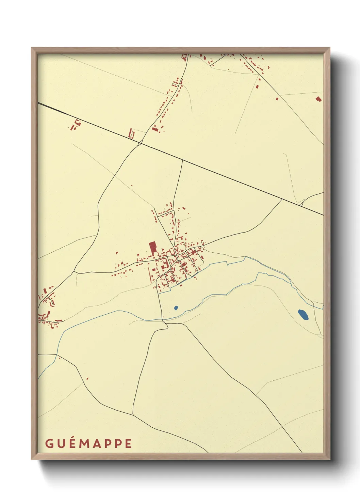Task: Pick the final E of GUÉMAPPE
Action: click(128, 444)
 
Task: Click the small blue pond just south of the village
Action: click(176, 308)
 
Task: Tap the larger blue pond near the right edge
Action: click(303, 315)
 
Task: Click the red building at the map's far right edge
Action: click(318, 99)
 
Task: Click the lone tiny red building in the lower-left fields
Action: click(87, 378)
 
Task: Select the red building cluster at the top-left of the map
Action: click(76, 125)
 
